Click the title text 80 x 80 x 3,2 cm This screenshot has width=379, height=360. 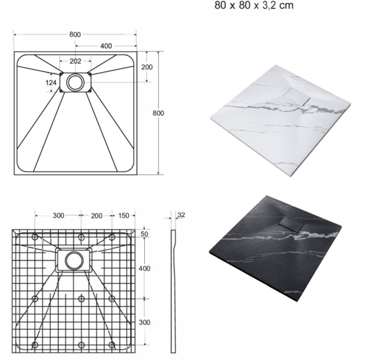(254, 6)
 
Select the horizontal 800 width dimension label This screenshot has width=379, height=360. (75, 35)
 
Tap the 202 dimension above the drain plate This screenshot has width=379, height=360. (75, 61)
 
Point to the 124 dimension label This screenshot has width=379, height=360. (51, 83)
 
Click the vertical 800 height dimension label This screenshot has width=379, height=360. (158, 113)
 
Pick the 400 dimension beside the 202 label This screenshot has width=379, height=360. (106, 46)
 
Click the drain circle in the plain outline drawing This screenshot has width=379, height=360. (75, 82)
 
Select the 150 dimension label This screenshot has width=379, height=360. (123, 215)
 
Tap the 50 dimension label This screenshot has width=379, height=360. (144, 234)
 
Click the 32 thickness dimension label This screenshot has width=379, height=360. (181, 215)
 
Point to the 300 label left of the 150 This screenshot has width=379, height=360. (59, 215)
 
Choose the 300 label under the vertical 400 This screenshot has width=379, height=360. (144, 322)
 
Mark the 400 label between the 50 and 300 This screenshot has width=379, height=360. (144, 268)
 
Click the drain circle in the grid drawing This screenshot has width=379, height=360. (74, 261)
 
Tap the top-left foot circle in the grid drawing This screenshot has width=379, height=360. (35, 237)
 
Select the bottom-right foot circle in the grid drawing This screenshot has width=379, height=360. (111, 345)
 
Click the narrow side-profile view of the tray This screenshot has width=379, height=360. (173, 291)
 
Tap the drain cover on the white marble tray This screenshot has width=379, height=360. (297, 96)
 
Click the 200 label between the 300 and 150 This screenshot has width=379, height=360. (97, 216)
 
